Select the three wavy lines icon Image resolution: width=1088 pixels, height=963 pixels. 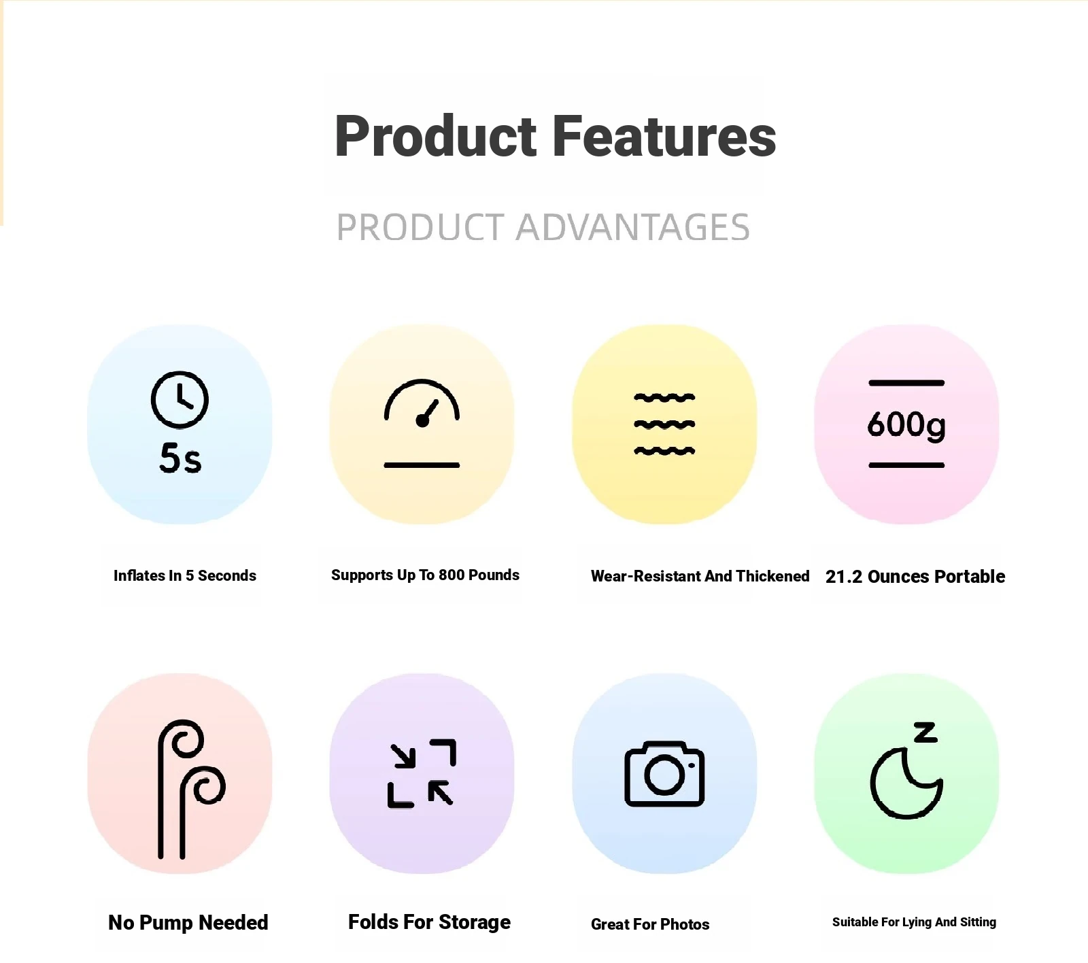[x=664, y=424]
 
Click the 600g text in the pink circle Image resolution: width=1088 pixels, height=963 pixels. [x=906, y=425]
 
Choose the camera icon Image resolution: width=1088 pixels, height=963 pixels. [x=664, y=774]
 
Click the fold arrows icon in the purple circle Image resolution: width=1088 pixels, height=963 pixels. [x=422, y=773]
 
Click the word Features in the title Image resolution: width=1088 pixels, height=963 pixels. [x=664, y=136]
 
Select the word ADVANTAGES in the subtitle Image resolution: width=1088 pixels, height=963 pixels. [x=633, y=227]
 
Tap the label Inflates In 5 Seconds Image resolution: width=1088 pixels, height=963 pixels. [x=185, y=575]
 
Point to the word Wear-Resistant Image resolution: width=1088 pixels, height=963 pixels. [x=646, y=576]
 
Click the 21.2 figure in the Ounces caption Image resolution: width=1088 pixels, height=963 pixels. [x=844, y=577]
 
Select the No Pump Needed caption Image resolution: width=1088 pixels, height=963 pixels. [x=188, y=922]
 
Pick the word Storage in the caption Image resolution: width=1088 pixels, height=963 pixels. [x=475, y=922]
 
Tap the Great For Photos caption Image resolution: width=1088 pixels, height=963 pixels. [x=650, y=924]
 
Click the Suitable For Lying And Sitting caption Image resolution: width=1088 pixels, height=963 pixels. [x=914, y=922]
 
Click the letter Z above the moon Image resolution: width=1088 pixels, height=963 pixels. [x=925, y=732]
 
